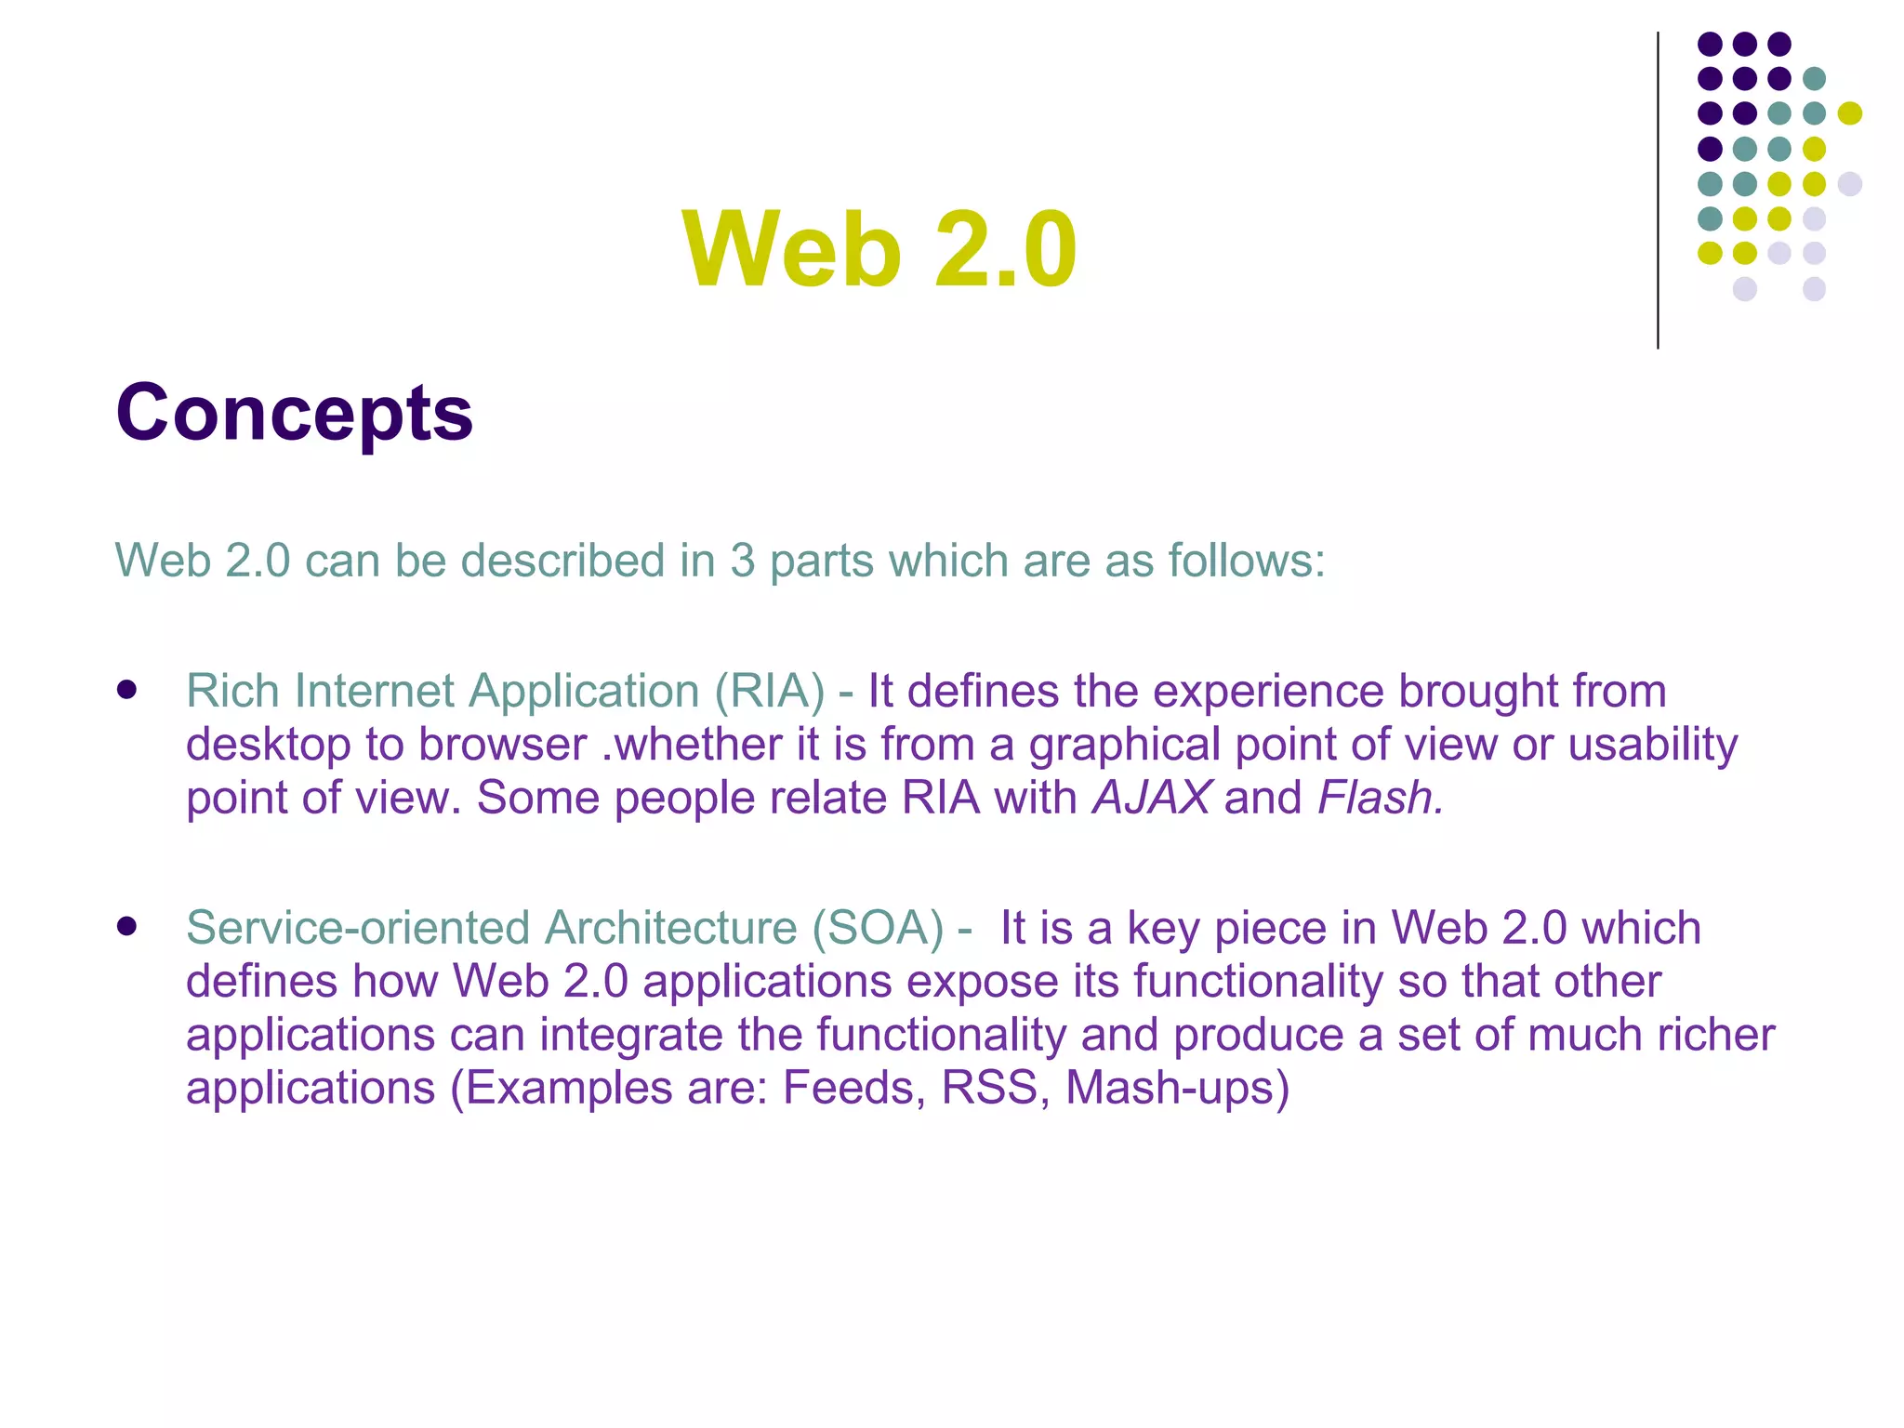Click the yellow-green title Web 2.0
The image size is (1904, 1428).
point(879,249)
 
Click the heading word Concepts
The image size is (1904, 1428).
point(294,414)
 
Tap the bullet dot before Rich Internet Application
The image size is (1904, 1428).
point(127,690)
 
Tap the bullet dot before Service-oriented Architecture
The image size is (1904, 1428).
point(127,926)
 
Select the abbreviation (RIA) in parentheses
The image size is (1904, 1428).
point(769,691)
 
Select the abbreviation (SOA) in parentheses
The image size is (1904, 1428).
point(878,928)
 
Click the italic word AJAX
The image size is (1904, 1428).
point(1151,798)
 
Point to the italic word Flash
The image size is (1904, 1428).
point(1379,798)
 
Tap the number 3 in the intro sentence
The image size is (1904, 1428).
point(742,561)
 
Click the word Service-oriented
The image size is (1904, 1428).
point(358,928)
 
